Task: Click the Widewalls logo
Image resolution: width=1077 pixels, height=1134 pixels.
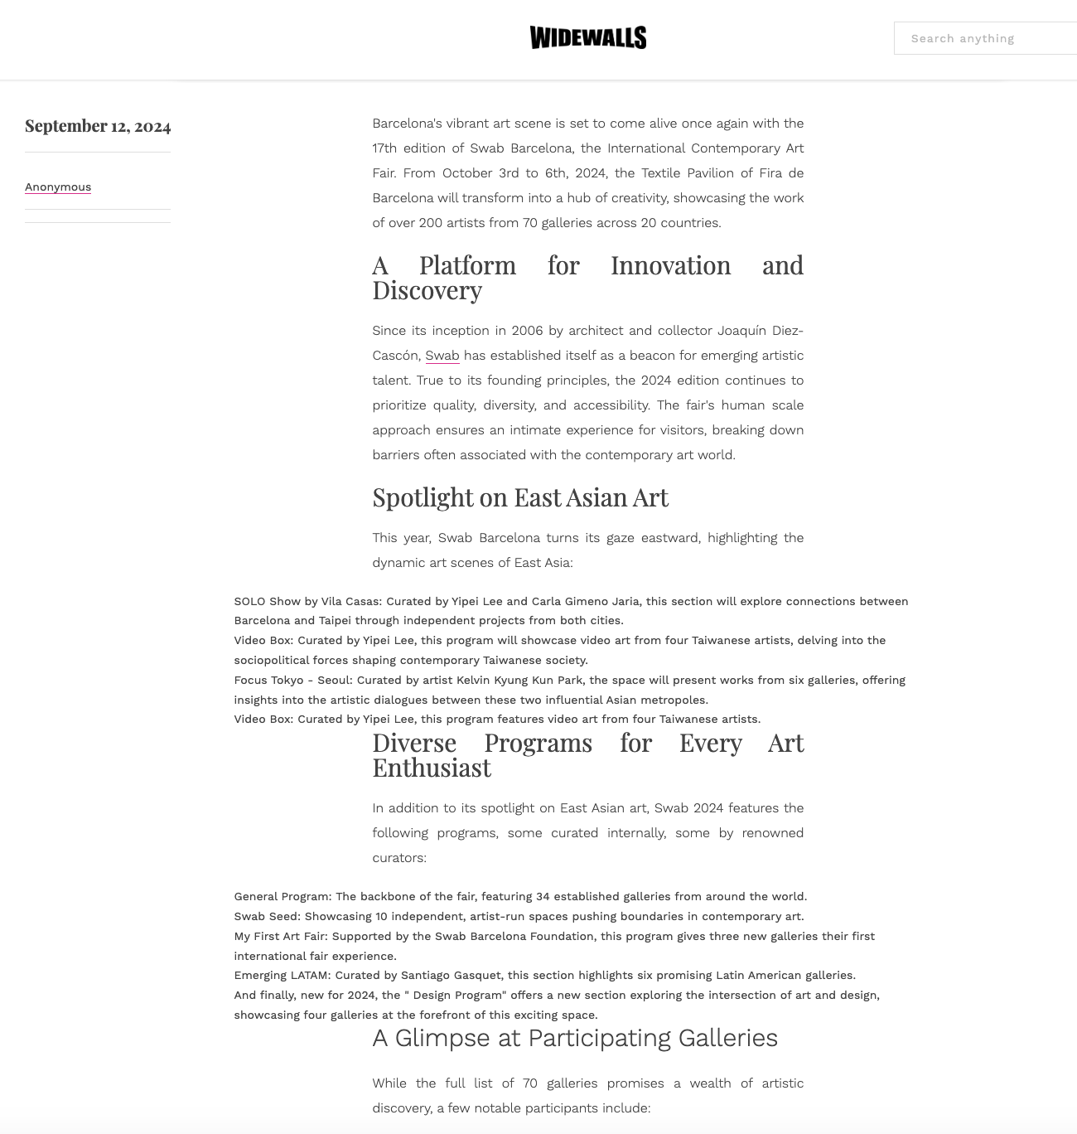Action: tap(587, 38)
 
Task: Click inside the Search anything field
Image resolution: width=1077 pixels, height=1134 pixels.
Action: tap(986, 38)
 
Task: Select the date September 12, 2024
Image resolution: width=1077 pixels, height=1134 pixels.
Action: tap(98, 126)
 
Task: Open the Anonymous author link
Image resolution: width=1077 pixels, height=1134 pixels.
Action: tap(58, 187)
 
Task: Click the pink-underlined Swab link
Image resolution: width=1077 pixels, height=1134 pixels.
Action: tap(442, 356)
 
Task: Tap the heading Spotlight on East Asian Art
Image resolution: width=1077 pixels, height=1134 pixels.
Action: tap(519, 497)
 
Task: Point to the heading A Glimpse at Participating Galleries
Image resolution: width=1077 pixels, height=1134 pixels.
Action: tap(574, 1038)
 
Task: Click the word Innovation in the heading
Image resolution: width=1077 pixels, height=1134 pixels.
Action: tap(670, 265)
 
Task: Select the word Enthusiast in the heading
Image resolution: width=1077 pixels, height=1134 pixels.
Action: tap(431, 768)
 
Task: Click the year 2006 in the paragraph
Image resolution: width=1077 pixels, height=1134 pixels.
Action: tap(527, 331)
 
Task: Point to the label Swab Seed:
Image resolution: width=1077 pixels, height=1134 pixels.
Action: tap(267, 917)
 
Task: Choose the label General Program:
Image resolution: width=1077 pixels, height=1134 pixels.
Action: tap(283, 897)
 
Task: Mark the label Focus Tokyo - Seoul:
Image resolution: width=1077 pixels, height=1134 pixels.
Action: tap(293, 681)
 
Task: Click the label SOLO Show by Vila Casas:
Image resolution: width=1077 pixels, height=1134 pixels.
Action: tap(307, 602)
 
